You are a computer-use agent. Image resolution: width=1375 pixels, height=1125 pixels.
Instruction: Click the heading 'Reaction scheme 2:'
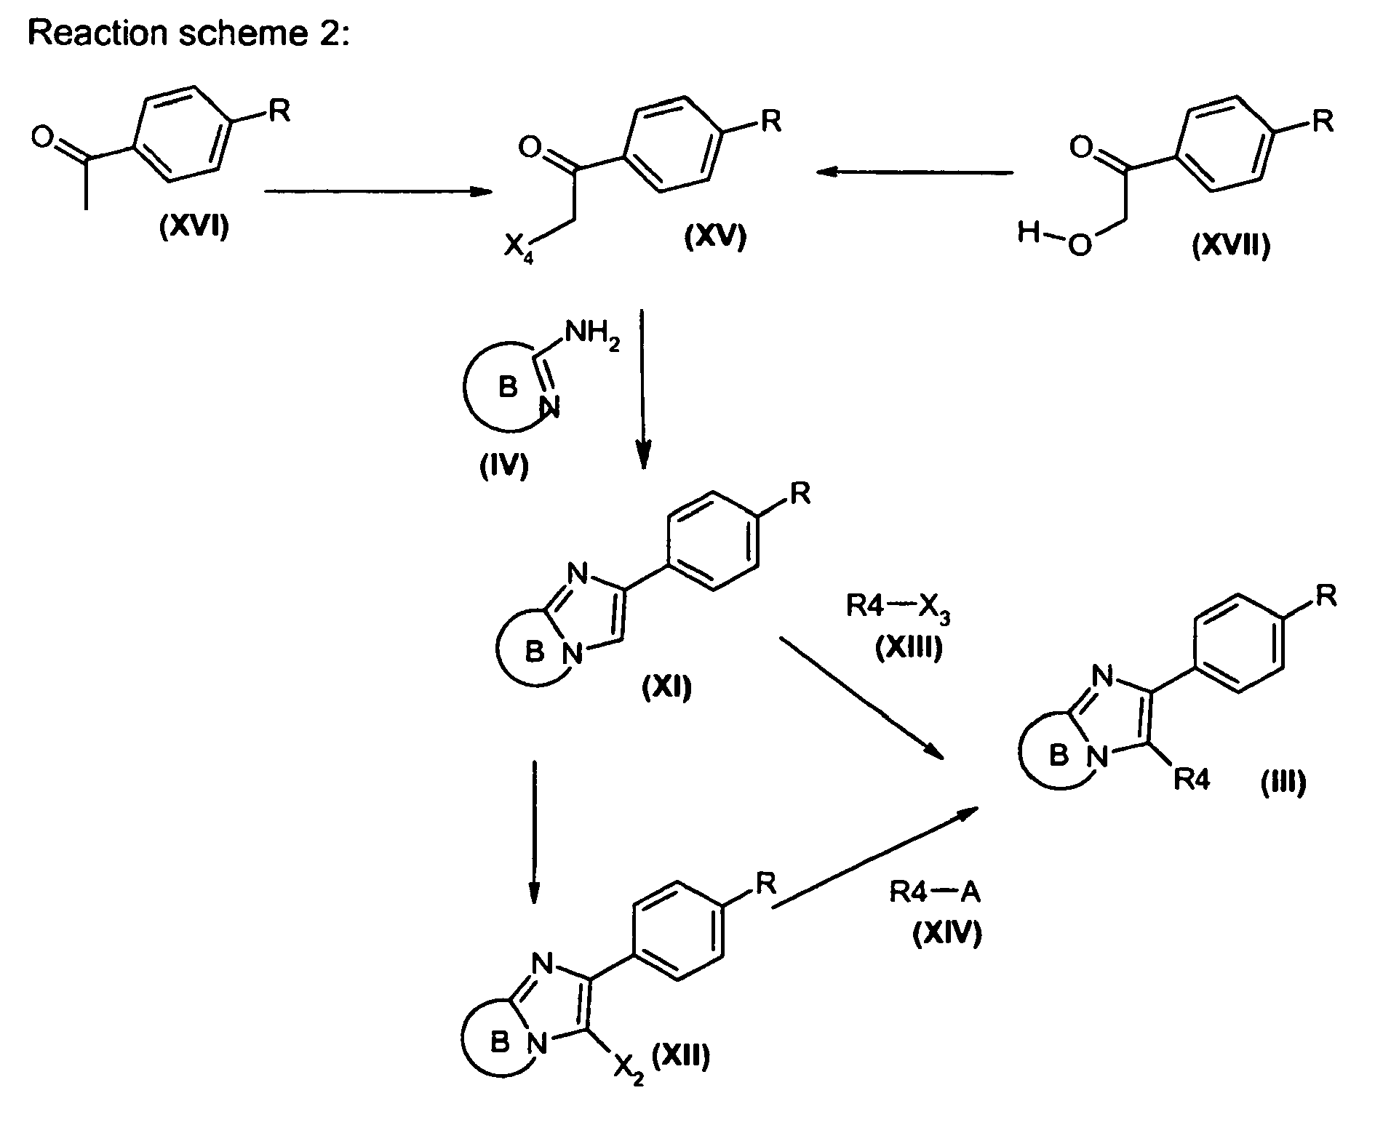188,33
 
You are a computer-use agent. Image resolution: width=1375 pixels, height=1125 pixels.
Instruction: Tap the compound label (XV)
715,239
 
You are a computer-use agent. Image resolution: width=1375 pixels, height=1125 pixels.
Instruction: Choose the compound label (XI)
667,686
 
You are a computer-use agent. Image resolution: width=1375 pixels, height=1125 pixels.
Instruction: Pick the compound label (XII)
680,1055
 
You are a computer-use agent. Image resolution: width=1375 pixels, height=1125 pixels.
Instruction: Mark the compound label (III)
1283,783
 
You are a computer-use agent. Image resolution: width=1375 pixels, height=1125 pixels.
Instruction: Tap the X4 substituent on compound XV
518,252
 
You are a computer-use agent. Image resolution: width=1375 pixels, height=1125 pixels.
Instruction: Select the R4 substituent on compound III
1192,781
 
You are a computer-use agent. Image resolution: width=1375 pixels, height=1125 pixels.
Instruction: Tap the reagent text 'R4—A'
935,892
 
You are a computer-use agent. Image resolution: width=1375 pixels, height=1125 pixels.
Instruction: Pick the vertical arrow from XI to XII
534,833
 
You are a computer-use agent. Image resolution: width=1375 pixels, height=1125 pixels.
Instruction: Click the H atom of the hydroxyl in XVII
1028,234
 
